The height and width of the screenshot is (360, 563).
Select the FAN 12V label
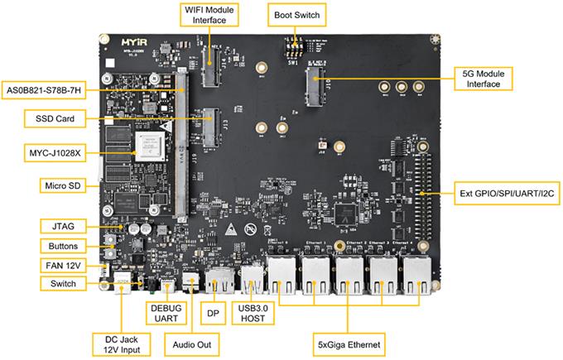pyautogui.click(x=59, y=265)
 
